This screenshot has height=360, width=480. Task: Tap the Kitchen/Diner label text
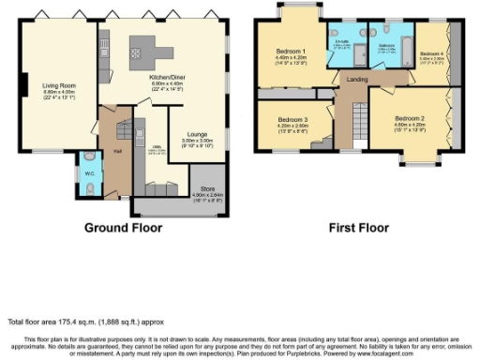tap(166, 78)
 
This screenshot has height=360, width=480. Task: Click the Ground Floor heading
tap(123, 228)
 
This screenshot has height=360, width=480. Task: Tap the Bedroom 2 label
tap(410, 119)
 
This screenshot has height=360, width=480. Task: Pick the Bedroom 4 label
tap(432, 52)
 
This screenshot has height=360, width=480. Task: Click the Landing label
tap(357, 79)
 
